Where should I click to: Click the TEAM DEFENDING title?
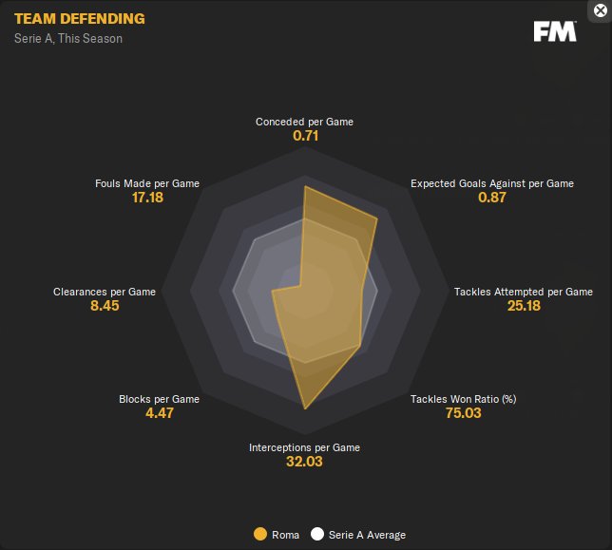tap(80, 18)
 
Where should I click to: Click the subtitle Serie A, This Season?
tap(68, 39)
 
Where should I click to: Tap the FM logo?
tap(555, 31)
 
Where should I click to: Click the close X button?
tap(599, 10)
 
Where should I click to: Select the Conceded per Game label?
tap(304, 122)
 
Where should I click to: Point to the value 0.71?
tap(304, 136)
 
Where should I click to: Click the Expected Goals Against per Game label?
tap(491, 183)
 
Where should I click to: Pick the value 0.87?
tap(491, 198)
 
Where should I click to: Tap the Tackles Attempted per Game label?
tap(523, 292)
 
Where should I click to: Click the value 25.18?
tap(523, 306)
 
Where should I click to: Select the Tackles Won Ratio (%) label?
tap(463, 399)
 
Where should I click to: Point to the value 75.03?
tap(463, 413)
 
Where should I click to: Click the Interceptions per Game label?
tap(304, 447)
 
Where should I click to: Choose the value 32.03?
tap(304, 462)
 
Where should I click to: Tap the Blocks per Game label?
tap(159, 399)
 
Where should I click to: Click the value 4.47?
tap(159, 413)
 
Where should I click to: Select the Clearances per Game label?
tap(105, 292)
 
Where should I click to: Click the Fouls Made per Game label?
tap(147, 183)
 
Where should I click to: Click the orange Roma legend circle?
tap(259, 535)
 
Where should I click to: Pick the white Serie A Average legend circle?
tap(317, 535)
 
